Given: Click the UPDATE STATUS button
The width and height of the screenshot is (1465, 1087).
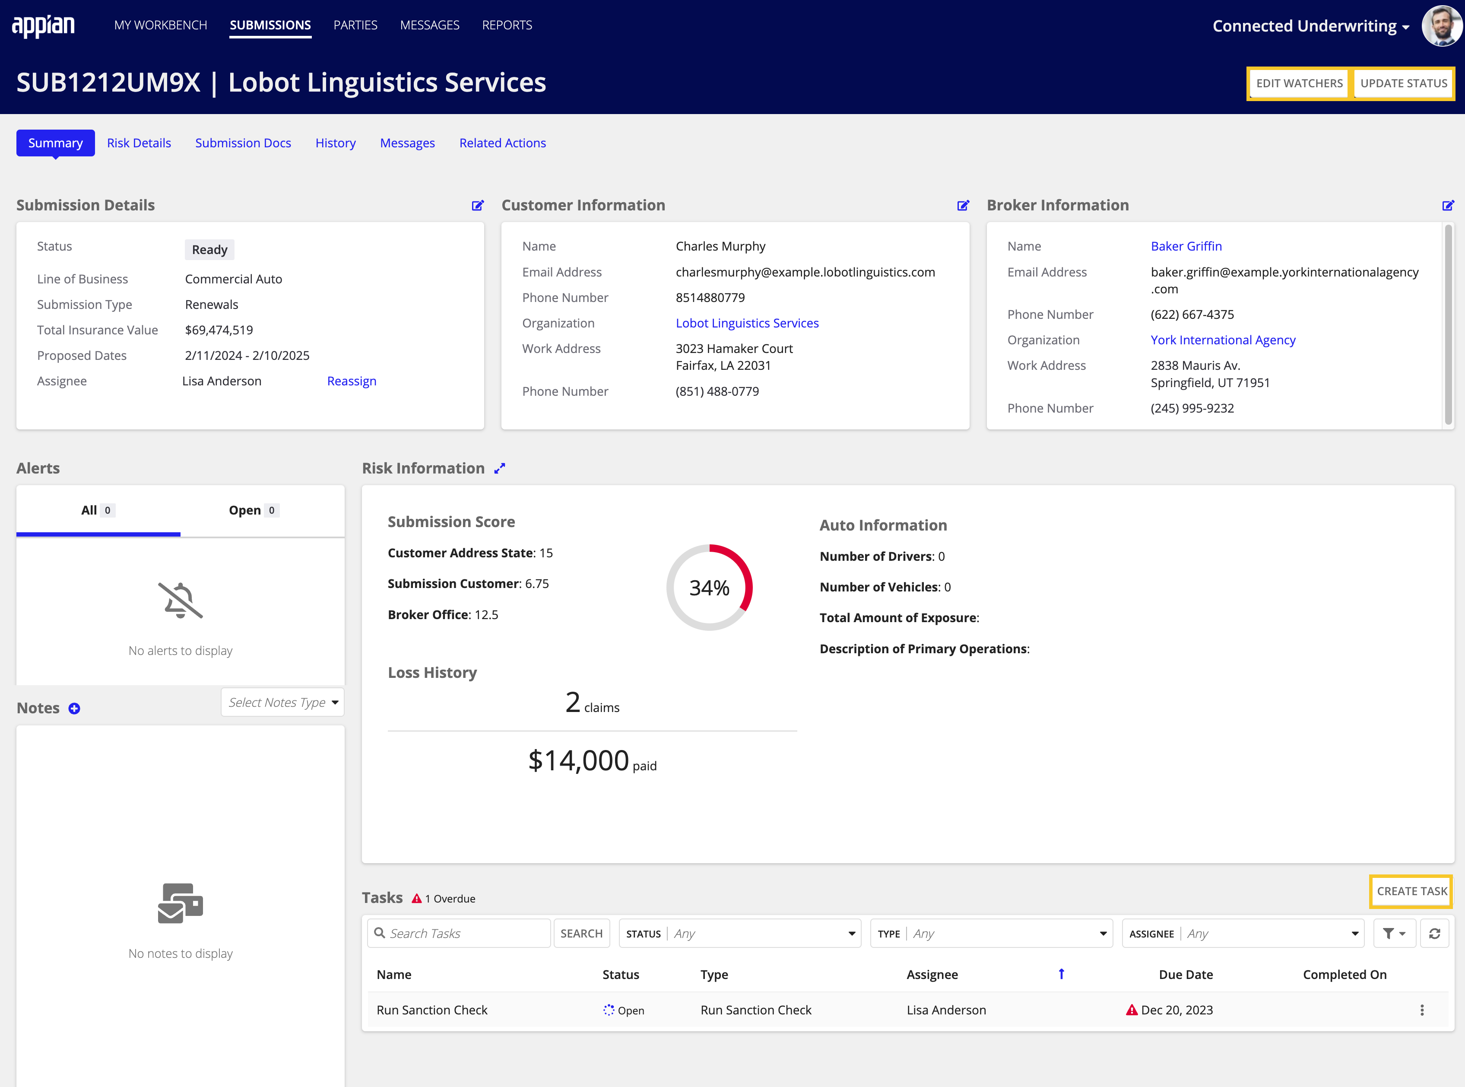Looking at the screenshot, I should [x=1403, y=83].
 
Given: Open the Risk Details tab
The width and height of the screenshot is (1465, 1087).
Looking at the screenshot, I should [x=139, y=143].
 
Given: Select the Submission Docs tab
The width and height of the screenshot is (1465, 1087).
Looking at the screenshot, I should [x=243, y=143].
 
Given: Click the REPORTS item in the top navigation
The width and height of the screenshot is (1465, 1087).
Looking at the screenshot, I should [x=507, y=25].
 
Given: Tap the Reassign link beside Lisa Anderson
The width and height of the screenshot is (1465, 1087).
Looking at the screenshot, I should [x=351, y=381].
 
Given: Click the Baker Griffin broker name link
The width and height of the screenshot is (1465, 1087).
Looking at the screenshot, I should [x=1186, y=246].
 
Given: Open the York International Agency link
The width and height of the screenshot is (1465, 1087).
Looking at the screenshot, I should [x=1222, y=340].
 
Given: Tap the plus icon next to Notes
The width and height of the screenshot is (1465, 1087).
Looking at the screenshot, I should [x=74, y=709].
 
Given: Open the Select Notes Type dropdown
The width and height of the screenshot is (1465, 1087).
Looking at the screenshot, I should [x=282, y=703].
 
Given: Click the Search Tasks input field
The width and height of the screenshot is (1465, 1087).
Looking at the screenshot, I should [x=467, y=934].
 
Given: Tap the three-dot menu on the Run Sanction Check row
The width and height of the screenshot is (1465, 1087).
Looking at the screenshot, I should [x=1421, y=1011].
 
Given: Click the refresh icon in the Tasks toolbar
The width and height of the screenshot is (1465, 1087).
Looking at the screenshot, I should [x=1434, y=934].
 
